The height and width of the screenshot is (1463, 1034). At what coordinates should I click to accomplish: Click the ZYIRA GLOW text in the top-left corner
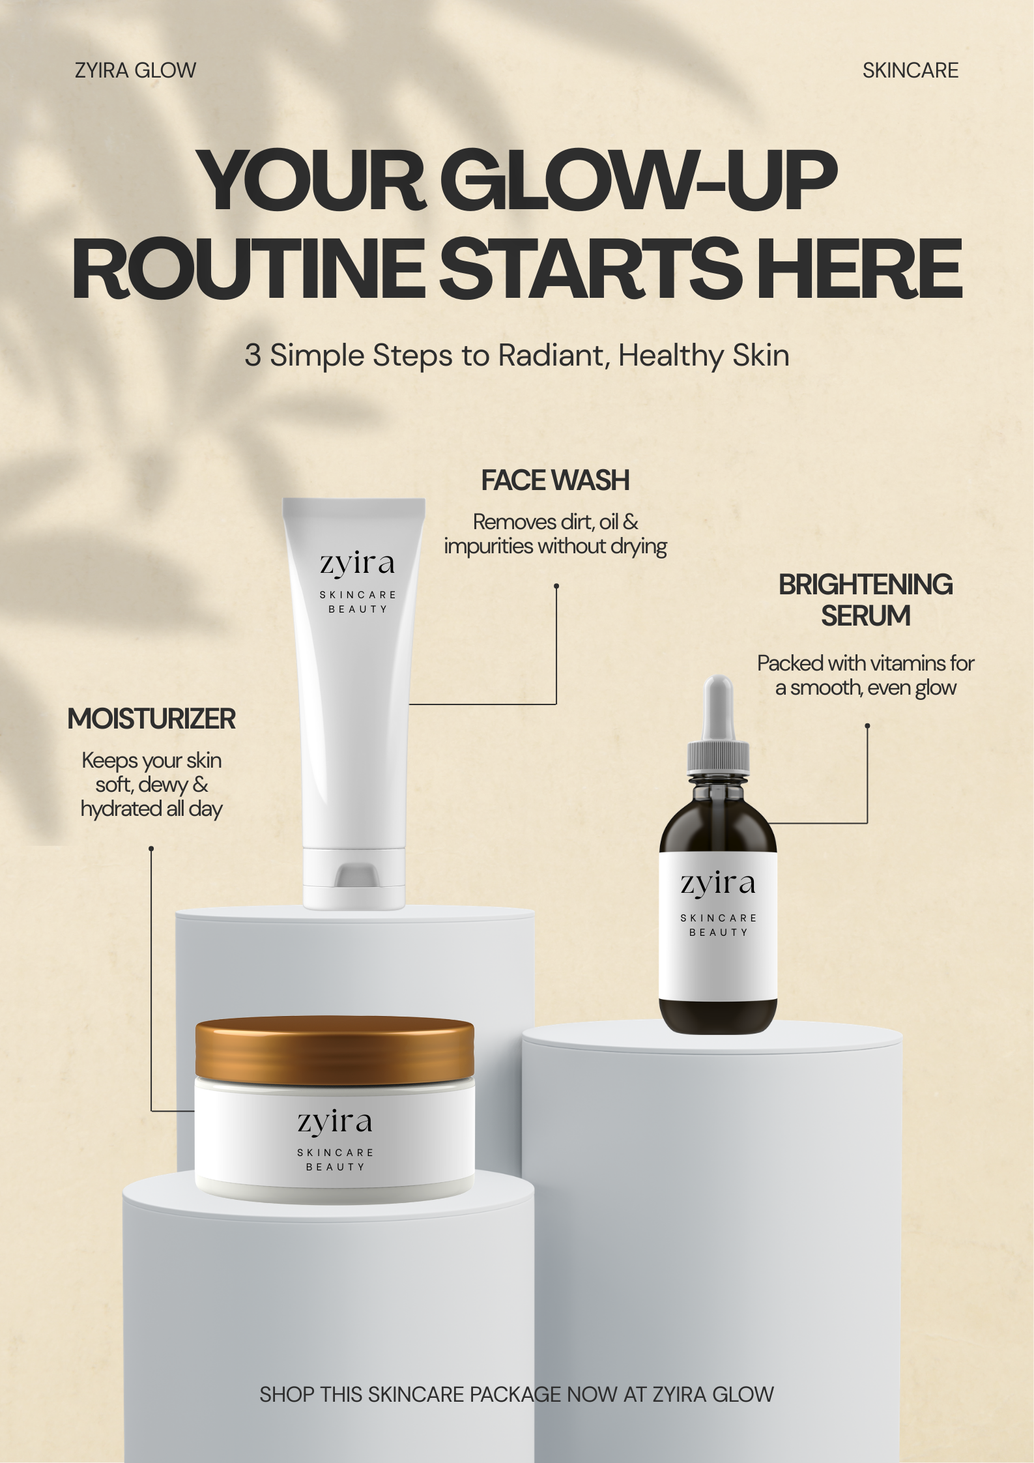[136, 70]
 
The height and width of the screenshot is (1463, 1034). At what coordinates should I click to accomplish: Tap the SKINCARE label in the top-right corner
[910, 70]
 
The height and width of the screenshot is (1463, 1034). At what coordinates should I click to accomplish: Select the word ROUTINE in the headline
[247, 268]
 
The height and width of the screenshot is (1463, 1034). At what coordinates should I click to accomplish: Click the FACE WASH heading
[555, 481]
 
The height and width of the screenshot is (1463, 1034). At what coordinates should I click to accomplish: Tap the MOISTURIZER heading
[151, 719]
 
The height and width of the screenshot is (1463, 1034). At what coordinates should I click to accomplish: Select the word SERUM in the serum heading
[865, 616]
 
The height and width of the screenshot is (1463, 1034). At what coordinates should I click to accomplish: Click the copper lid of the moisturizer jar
[335, 1049]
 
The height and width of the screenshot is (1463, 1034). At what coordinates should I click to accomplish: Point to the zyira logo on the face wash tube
[357, 564]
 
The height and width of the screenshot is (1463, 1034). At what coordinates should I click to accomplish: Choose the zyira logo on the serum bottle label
[718, 885]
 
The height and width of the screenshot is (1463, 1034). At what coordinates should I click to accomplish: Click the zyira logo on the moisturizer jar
[335, 1123]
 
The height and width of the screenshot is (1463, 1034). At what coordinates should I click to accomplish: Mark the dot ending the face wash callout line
[556, 586]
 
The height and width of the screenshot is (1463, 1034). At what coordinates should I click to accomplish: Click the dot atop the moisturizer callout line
[151, 848]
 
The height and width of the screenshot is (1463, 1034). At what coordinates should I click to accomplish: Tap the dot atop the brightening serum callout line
[867, 725]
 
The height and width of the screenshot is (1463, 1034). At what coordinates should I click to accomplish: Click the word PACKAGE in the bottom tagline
[515, 1394]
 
